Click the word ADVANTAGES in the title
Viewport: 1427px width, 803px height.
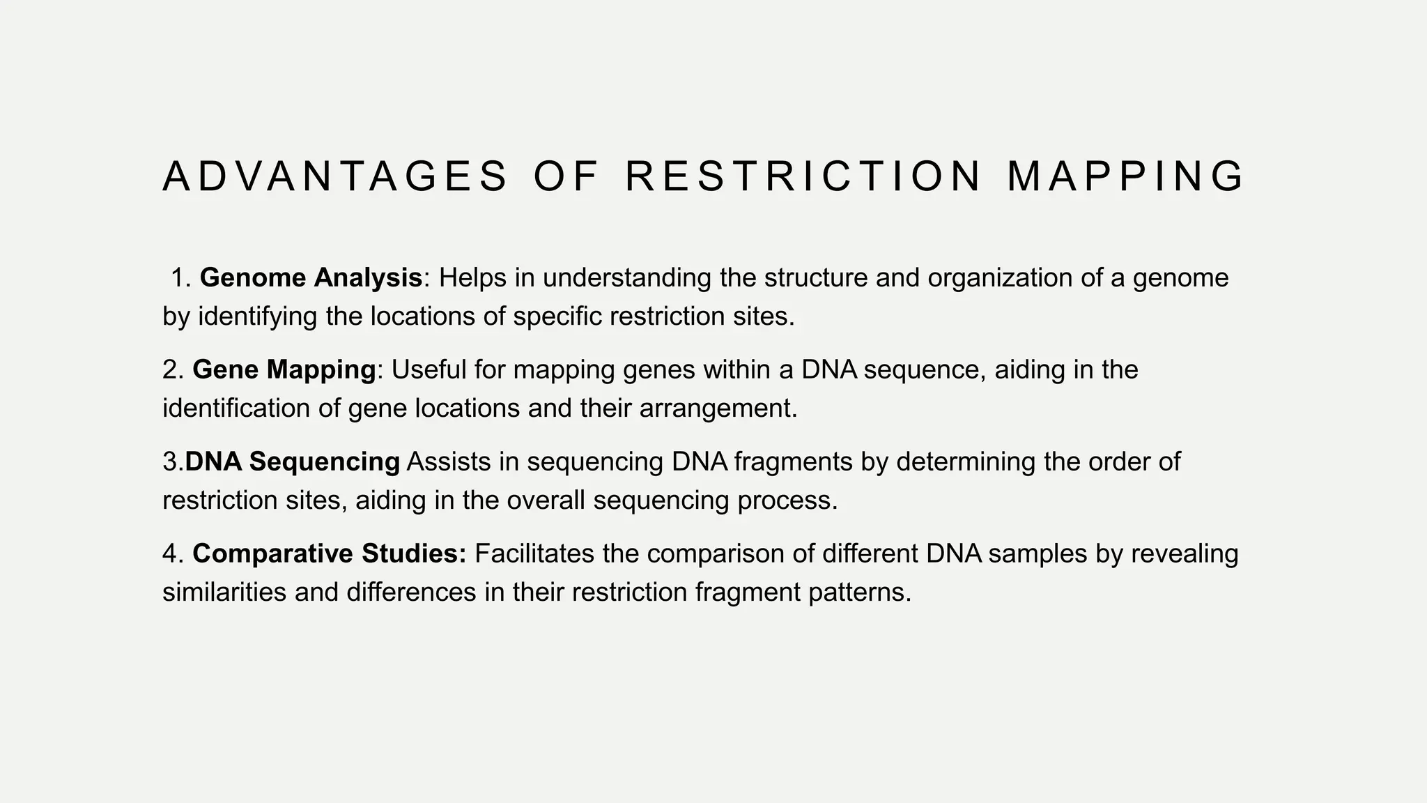pos(335,176)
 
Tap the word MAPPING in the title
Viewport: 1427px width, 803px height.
pos(1125,176)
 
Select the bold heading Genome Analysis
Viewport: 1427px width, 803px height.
pos(311,277)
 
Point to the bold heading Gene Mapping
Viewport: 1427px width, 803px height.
pos(284,369)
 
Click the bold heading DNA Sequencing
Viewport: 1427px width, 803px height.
pos(293,461)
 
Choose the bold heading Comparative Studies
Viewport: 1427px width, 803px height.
pos(329,553)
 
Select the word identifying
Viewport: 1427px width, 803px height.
pos(258,316)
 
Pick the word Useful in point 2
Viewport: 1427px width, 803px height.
pos(429,369)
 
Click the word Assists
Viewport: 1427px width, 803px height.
pos(449,461)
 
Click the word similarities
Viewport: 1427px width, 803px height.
pos(225,592)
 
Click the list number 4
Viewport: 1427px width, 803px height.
pos(171,553)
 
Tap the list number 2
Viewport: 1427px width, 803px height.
pos(171,369)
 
